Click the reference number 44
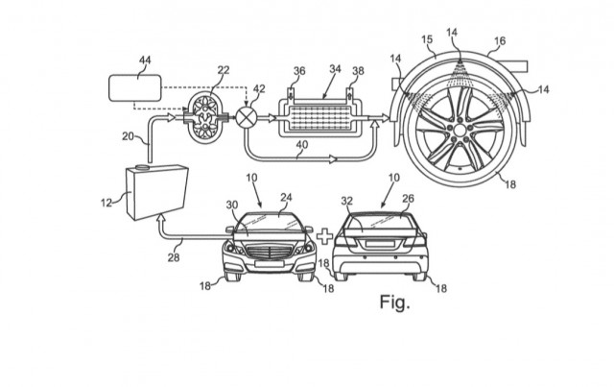(145, 60)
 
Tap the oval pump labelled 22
(205, 117)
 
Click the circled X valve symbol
(247, 117)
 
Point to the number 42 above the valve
(259, 88)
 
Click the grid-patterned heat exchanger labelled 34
(319, 117)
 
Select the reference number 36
(299, 71)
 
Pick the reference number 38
(358, 71)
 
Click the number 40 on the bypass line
(302, 145)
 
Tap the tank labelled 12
(156, 192)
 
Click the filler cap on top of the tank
(142, 168)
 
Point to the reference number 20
(128, 136)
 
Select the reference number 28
(174, 257)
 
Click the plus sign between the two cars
(324, 237)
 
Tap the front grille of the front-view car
(270, 252)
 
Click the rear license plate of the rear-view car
(380, 244)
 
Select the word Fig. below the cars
(394, 302)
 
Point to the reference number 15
(427, 39)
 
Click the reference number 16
(500, 40)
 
